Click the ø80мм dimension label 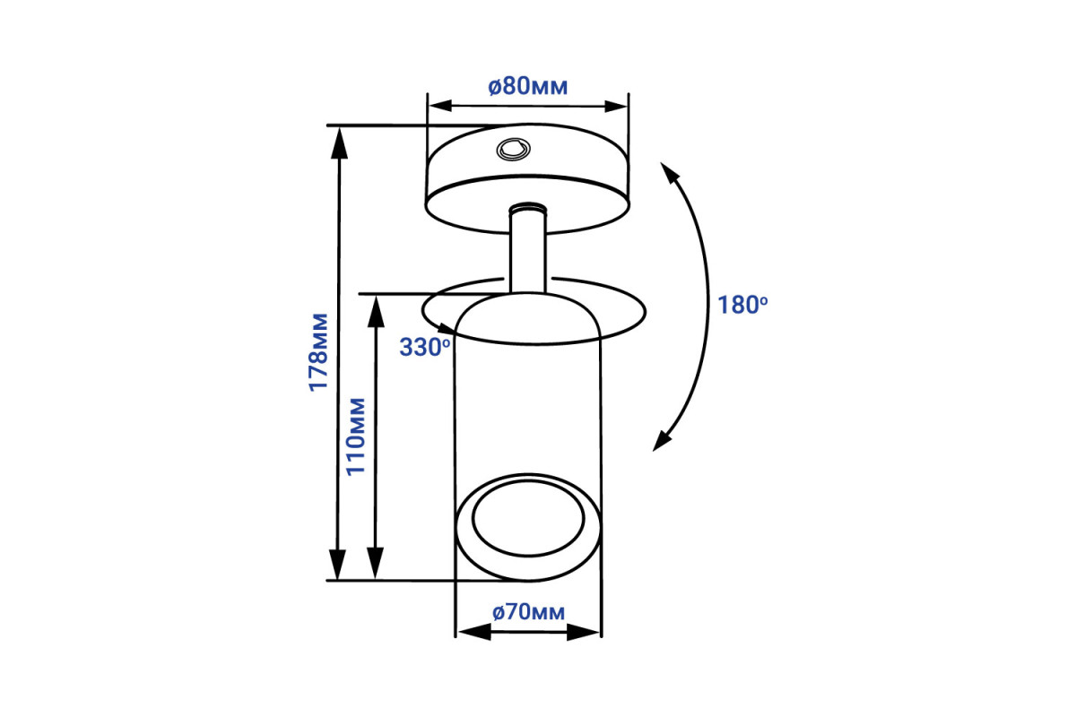coord(528,86)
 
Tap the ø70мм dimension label coord(528,612)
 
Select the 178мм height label coord(318,352)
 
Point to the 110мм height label coord(356,436)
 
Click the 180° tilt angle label coord(742,305)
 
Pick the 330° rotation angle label coord(425,347)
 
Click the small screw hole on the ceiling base coord(514,150)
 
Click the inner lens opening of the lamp coord(528,519)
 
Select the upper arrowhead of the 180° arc coord(669,173)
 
